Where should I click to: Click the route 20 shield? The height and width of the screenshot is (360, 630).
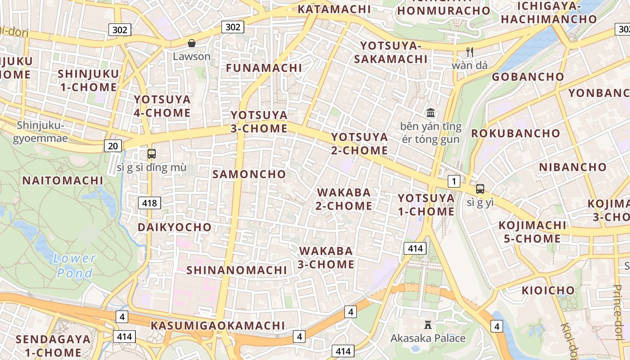click(113, 145)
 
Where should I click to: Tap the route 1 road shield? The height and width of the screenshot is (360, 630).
click(454, 181)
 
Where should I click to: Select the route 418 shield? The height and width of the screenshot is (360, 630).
click(149, 203)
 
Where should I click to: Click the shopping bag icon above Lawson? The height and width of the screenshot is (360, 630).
click(192, 43)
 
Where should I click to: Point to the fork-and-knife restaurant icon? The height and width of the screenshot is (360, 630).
click(470, 52)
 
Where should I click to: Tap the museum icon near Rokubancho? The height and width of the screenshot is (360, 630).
click(431, 112)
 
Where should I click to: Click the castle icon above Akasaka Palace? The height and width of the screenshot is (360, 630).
click(428, 324)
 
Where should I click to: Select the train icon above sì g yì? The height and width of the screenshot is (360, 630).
click(480, 189)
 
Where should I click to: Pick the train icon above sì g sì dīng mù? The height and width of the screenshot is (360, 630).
click(152, 154)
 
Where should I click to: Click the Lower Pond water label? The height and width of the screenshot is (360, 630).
click(75, 265)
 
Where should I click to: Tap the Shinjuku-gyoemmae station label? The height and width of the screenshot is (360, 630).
click(40, 131)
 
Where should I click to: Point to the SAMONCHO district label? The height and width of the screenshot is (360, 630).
click(249, 174)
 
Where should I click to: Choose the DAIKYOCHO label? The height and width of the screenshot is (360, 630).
click(175, 227)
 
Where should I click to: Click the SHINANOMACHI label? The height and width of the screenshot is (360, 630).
click(237, 270)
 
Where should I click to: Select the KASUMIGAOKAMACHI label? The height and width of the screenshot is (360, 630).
click(218, 325)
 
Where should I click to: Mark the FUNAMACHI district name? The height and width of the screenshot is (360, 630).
click(264, 68)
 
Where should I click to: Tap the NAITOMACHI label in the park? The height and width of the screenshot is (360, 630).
click(63, 180)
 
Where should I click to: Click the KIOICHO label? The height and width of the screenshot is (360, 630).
click(548, 291)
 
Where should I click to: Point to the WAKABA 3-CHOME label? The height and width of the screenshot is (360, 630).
click(326, 257)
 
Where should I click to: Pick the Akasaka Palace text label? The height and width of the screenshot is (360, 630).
click(428, 338)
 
